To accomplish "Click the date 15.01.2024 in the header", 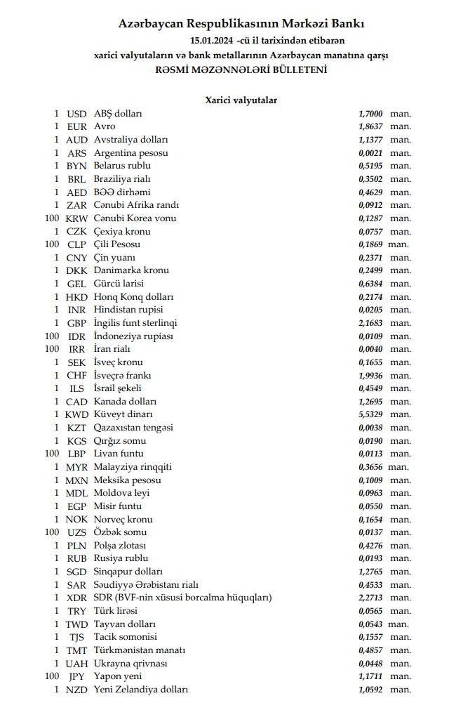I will (212, 40).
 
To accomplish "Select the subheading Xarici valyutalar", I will (241, 100).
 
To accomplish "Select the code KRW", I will (76, 218).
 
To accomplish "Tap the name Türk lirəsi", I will (116, 611).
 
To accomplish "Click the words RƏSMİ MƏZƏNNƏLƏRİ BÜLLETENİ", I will (241, 70).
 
